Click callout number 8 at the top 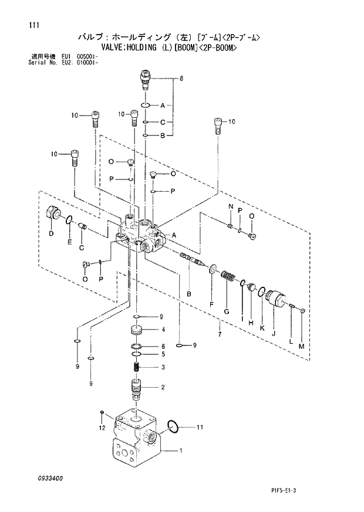coord(181,78)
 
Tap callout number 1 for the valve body coord(181,451)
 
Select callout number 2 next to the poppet coord(162,386)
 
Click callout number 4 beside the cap coord(162,329)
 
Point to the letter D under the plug coord(51,233)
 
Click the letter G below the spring coord(226,311)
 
